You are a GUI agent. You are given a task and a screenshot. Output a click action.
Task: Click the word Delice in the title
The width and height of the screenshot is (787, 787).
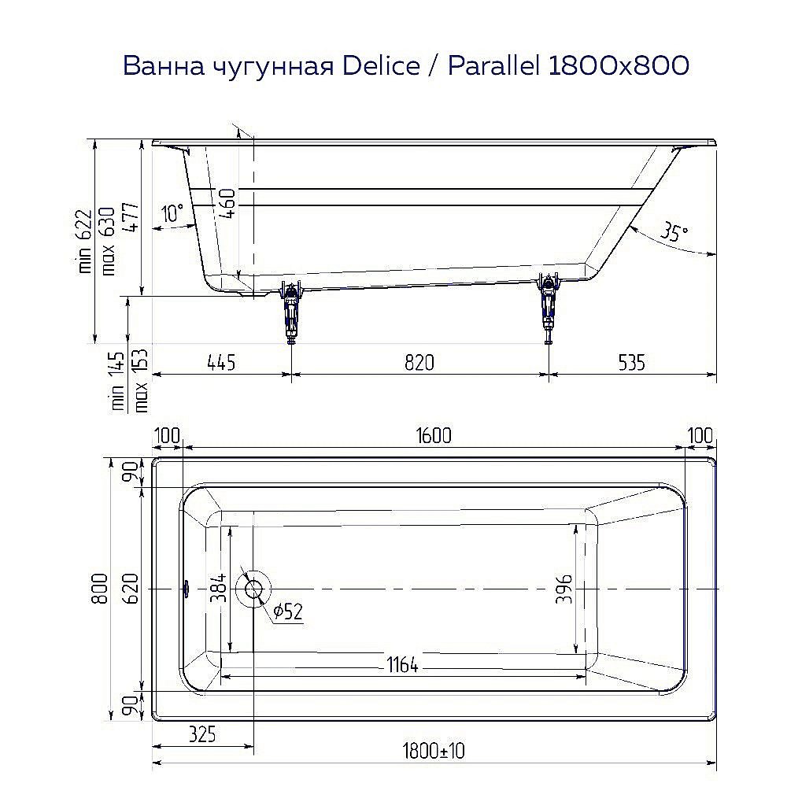tap(382, 66)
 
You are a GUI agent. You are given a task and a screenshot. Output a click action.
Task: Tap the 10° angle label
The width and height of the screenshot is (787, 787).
tap(172, 212)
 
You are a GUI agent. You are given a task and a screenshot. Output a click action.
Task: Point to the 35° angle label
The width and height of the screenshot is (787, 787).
tap(673, 232)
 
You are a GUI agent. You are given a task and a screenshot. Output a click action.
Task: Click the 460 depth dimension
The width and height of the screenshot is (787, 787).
tap(227, 204)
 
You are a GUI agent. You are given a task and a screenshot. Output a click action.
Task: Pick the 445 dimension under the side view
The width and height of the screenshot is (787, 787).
tap(221, 362)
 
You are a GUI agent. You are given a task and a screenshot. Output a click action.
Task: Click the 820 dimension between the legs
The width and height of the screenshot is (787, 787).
tap(419, 362)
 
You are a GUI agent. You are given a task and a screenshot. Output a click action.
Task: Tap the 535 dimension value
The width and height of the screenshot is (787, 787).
tap(631, 362)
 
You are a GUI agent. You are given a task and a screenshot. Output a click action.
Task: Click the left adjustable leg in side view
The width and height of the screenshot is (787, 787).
tap(292, 311)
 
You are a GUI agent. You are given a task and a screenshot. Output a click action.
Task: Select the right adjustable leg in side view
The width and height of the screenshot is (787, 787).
tap(548, 309)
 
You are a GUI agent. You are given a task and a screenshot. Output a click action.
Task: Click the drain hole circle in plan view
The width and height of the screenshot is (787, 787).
tap(255, 589)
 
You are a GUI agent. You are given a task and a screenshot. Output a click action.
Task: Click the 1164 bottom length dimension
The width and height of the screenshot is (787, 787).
tap(402, 665)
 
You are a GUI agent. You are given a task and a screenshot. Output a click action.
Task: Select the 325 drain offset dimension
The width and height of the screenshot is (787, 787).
tap(202, 735)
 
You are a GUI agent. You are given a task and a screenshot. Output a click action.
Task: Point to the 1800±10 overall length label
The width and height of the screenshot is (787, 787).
tap(434, 751)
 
